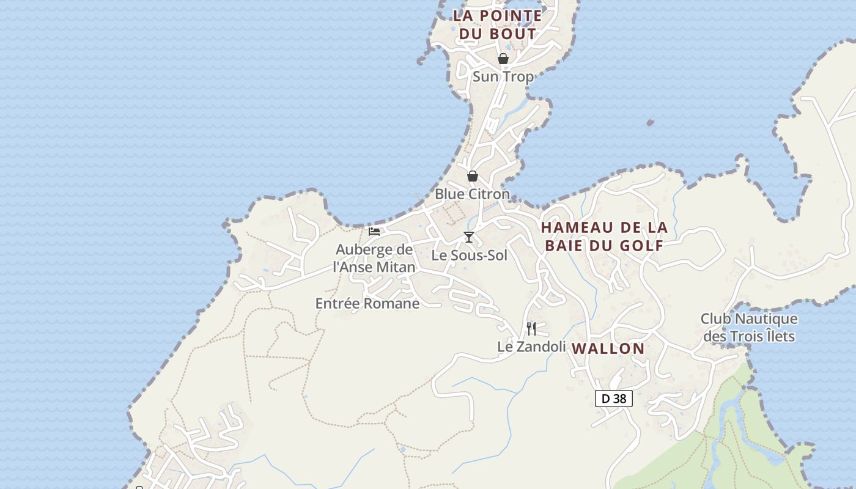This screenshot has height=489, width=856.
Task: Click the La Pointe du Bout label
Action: point(497,24)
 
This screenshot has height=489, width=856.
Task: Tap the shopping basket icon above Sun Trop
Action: point(503,59)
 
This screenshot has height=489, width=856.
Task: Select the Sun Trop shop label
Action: point(503,76)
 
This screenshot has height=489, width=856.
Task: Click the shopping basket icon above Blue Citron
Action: point(473,177)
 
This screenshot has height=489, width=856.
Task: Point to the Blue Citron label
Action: point(472,194)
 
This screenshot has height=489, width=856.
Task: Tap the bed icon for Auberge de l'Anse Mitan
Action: point(374,232)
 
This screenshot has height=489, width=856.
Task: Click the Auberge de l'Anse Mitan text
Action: point(374,259)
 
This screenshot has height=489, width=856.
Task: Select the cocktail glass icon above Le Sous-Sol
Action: point(469,237)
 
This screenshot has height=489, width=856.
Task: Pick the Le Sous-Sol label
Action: point(470,256)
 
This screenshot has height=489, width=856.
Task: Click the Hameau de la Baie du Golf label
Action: point(604,237)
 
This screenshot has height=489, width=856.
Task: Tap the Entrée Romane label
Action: point(367,303)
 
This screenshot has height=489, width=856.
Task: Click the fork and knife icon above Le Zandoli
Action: point(531,329)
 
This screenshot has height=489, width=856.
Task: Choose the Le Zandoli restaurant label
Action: point(531,347)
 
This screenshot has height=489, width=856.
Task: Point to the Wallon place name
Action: point(608,348)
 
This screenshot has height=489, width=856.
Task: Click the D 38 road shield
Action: point(614,399)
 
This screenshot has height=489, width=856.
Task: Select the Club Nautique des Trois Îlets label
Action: point(749,328)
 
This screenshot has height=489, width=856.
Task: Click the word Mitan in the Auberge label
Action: point(396,267)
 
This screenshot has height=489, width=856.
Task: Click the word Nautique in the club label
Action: point(767,319)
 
